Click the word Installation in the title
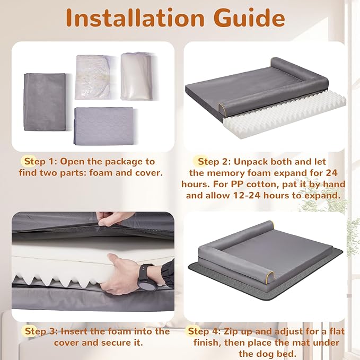coord(135,18)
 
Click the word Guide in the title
coord(249,18)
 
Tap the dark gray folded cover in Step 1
coord(45,102)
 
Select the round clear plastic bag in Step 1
coord(93,77)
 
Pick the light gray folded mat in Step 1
coord(104,126)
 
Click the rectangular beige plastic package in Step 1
coord(137,76)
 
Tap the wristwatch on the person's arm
coord(146,278)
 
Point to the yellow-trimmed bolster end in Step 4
coord(271,277)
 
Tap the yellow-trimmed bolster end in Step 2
coord(222,109)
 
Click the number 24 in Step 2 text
coord(331,173)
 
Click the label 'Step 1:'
coord(40,161)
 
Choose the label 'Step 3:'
coord(41,331)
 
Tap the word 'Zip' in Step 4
coord(231,332)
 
